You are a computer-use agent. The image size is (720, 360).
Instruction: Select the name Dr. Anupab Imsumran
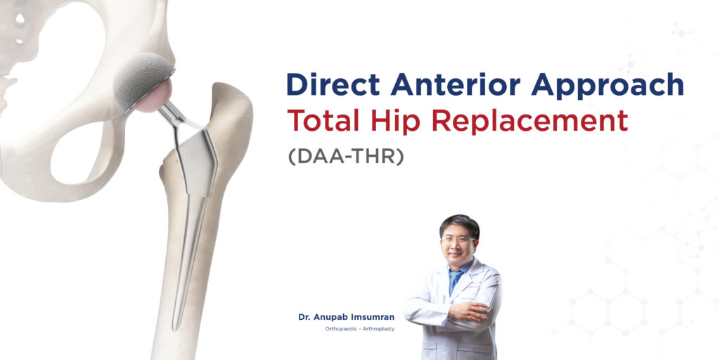346,318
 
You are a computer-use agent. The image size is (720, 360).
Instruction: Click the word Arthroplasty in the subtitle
380,329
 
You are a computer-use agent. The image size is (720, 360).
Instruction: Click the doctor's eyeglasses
457,240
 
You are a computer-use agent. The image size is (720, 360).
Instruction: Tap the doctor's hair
458,223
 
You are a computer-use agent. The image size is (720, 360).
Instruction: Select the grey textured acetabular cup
141,77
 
